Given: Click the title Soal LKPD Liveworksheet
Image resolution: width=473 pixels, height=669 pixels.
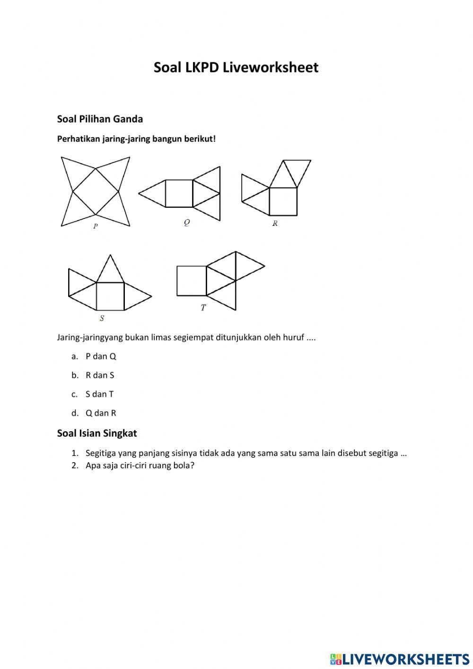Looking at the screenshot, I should (x=236, y=67).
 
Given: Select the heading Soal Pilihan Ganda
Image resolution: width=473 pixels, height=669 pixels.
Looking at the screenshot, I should (x=100, y=119).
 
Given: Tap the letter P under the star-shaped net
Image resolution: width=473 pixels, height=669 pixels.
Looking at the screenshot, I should (x=96, y=226).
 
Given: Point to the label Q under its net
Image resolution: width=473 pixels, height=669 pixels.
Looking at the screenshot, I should (x=187, y=223).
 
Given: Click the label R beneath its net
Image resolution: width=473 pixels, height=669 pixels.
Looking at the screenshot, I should (x=275, y=223).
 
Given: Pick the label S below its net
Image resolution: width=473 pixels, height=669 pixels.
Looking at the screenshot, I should (x=102, y=319).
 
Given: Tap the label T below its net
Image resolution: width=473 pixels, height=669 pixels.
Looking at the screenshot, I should (x=203, y=308).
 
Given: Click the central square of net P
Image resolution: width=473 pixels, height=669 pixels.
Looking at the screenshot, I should (x=96, y=191).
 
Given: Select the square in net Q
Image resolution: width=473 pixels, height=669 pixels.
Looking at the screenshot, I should (x=179, y=193).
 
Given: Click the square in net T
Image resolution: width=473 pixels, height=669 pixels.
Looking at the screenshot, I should (x=192, y=281).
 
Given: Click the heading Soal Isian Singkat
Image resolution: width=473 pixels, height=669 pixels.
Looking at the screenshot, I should (x=97, y=433).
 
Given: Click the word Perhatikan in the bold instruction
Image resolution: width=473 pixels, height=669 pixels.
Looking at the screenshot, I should (x=78, y=139).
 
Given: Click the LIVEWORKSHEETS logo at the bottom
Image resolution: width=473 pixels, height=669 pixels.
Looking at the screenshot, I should (x=400, y=659).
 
